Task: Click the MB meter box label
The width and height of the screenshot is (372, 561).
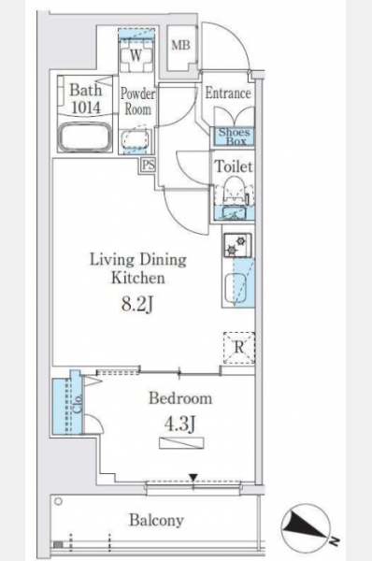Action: point(180,46)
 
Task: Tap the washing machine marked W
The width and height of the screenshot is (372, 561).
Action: point(136,55)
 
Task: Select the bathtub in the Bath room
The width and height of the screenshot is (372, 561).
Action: point(84,137)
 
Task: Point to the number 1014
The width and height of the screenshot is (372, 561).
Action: point(86,107)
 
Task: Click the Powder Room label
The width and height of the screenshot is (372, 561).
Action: point(137,101)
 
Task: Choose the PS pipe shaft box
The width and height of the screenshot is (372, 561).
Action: point(149,165)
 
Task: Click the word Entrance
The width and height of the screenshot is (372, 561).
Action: point(228,93)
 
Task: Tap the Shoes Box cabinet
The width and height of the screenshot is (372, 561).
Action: point(235,137)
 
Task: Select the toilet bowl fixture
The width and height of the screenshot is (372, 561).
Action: point(235,191)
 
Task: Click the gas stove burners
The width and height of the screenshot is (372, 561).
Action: point(237,245)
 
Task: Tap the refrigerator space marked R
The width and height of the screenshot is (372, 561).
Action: point(239,348)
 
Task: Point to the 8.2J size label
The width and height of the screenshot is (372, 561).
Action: point(137,305)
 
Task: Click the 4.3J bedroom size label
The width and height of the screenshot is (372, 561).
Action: point(179,424)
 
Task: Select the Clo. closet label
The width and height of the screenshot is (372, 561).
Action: point(79,404)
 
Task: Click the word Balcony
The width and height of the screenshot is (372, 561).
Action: point(157,520)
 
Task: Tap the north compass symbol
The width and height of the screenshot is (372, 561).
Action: point(306,529)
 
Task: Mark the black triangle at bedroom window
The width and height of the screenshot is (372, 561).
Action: point(193,478)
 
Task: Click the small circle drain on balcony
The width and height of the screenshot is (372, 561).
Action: point(58,501)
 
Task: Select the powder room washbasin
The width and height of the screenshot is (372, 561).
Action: point(136,139)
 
